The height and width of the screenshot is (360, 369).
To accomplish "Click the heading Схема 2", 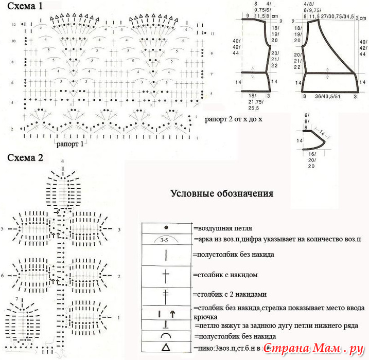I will coord(24,157).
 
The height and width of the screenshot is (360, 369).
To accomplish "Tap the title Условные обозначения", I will coord(222,194).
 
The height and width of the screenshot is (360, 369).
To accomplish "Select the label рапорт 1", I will coord(70,144).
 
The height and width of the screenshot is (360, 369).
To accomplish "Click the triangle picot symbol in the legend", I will coord(166,348).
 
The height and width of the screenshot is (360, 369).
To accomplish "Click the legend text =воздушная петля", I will coord(222,227).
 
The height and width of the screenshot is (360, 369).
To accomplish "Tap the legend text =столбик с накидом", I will coord(225,275).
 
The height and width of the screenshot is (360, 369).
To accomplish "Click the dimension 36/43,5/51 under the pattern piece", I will coord(329,96).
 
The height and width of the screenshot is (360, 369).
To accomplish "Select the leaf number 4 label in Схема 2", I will coord(62,161).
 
